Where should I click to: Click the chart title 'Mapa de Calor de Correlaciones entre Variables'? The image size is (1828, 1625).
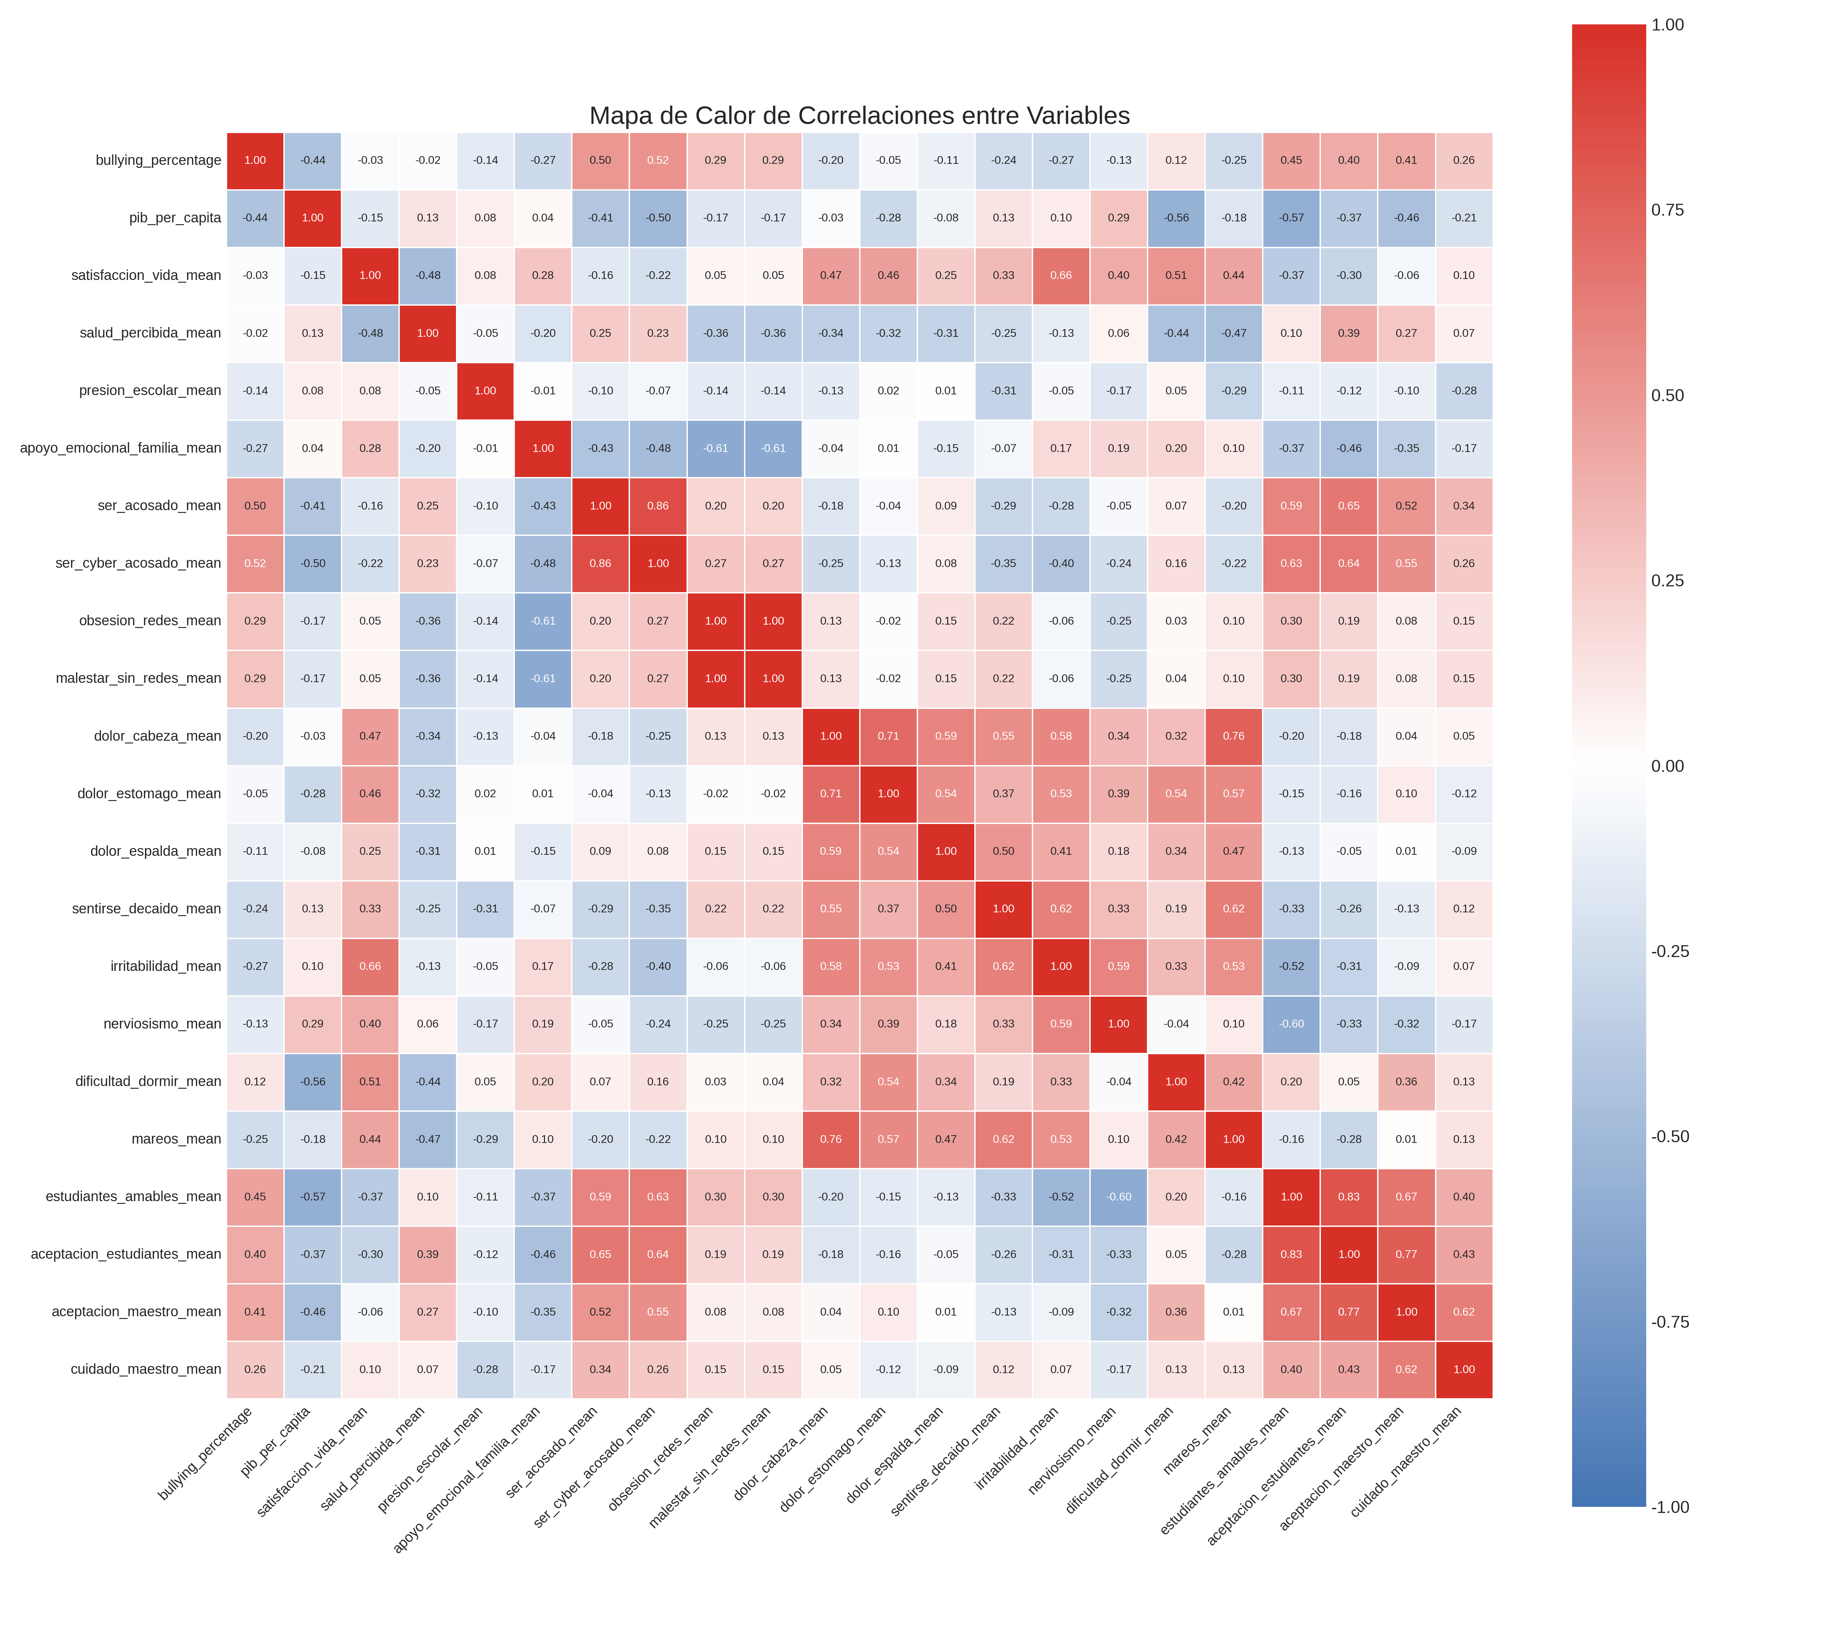(x=858, y=115)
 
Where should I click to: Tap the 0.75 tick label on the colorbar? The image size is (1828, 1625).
(x=1667, y=210)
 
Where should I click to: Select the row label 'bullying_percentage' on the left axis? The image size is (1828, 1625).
(x=158, y=160)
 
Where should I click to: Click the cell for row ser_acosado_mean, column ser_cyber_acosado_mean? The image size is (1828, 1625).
(x=658, y=505)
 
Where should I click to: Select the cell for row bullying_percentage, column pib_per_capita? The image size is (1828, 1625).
(x=313, y=160)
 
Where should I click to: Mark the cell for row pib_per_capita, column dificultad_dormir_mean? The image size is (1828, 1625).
(x=1176, y=217)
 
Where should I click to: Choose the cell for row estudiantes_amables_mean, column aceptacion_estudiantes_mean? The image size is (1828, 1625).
(x=1349, y=1197)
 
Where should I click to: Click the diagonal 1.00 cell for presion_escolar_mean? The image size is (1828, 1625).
(x=486, y=391)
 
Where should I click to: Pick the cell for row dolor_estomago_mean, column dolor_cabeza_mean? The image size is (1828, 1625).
(x=831, y=793)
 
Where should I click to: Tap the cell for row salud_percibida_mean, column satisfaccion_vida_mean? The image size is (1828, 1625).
(x=370, y=333)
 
